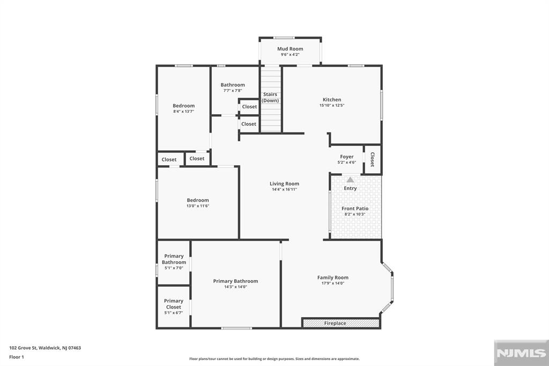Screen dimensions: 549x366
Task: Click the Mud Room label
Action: [x=290, y=49]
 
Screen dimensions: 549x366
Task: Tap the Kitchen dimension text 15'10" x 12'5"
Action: [x=332, y=105]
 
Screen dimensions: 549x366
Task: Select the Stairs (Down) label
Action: [x=270, y=98]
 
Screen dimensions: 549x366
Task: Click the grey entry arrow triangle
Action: [x=350, y=179]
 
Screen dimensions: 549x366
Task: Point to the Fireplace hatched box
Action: [x=341, y=323]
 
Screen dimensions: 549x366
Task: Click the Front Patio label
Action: [x=355, y=208]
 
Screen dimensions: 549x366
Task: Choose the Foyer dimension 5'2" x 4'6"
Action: [x=347, y=162]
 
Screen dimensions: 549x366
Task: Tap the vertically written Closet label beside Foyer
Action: [x=373, y=159]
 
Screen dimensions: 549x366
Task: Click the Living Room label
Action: [x=284, y=184]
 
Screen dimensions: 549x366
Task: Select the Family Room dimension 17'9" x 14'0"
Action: [x=333, y=283]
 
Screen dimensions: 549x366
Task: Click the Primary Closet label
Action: [x=174, y=304]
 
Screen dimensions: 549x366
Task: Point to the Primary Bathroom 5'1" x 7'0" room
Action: [x=174, y=262]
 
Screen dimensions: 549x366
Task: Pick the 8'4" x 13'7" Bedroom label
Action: [x=183, y=106]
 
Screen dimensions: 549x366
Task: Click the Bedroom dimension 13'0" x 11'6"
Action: [x=198, y=206]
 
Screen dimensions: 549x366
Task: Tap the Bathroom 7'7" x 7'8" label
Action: [x=233, y=85]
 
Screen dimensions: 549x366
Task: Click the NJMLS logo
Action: [x=521, y=353]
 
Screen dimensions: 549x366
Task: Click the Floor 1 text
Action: [x=17, y=357]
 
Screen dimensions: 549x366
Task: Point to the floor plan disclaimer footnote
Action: [x=274, y=359]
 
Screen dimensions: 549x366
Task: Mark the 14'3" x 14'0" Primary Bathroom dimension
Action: [x=236, y=287]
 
